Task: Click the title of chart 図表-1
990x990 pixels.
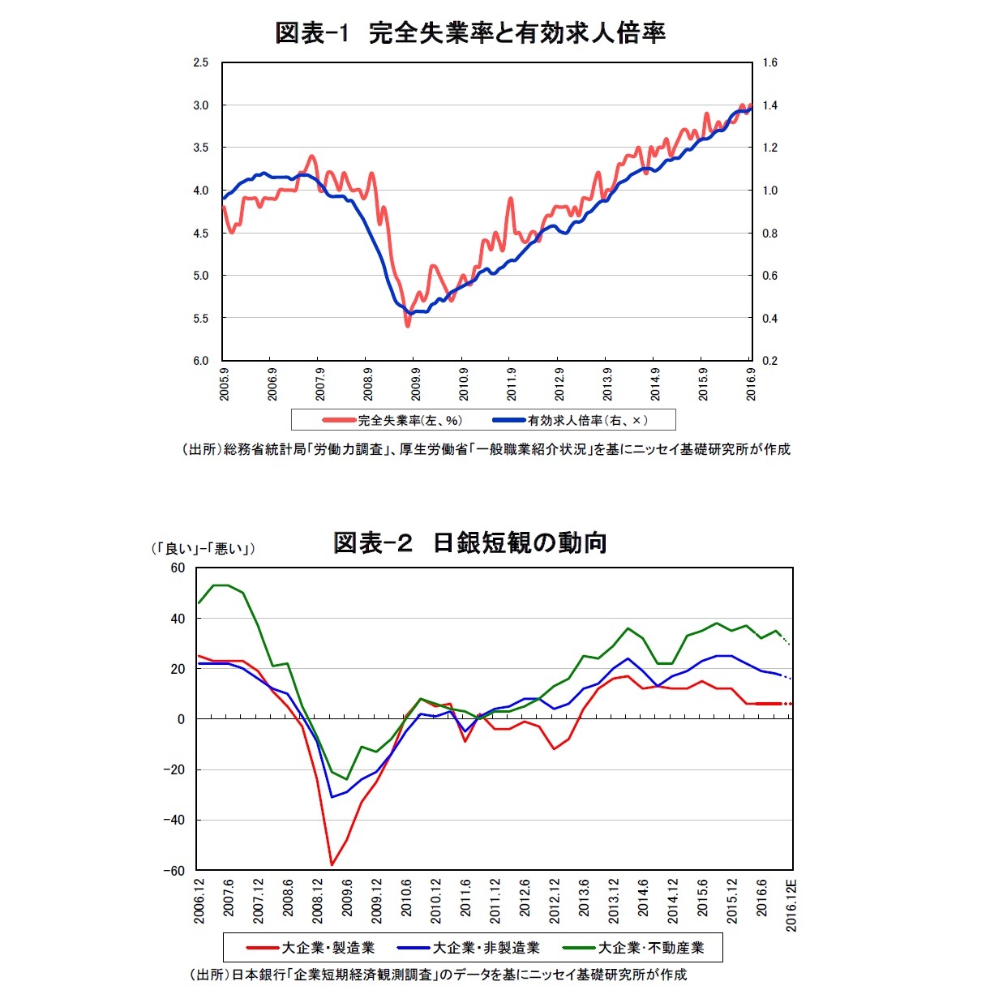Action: (470, 32)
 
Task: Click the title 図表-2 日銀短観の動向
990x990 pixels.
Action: (470, 542)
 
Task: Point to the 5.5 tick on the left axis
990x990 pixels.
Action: (200, 319)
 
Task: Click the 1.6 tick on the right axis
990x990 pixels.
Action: (769, 62)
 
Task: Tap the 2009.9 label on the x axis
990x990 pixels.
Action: (416, 384)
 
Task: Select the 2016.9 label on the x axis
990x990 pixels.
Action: (751, 384)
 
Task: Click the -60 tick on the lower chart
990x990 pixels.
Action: (174, 871)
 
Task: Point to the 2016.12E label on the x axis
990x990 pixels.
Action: (792, 905)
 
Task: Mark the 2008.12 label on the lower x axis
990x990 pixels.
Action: (318, 901)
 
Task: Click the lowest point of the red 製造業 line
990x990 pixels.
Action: (332, 865)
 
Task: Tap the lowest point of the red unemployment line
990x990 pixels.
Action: (407, 326)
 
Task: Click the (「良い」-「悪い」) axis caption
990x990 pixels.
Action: (204, 549)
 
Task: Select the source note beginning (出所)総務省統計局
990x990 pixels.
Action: (486, 449)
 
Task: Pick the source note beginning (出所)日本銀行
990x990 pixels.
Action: (438, 974)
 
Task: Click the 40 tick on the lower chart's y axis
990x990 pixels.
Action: (178, 619)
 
